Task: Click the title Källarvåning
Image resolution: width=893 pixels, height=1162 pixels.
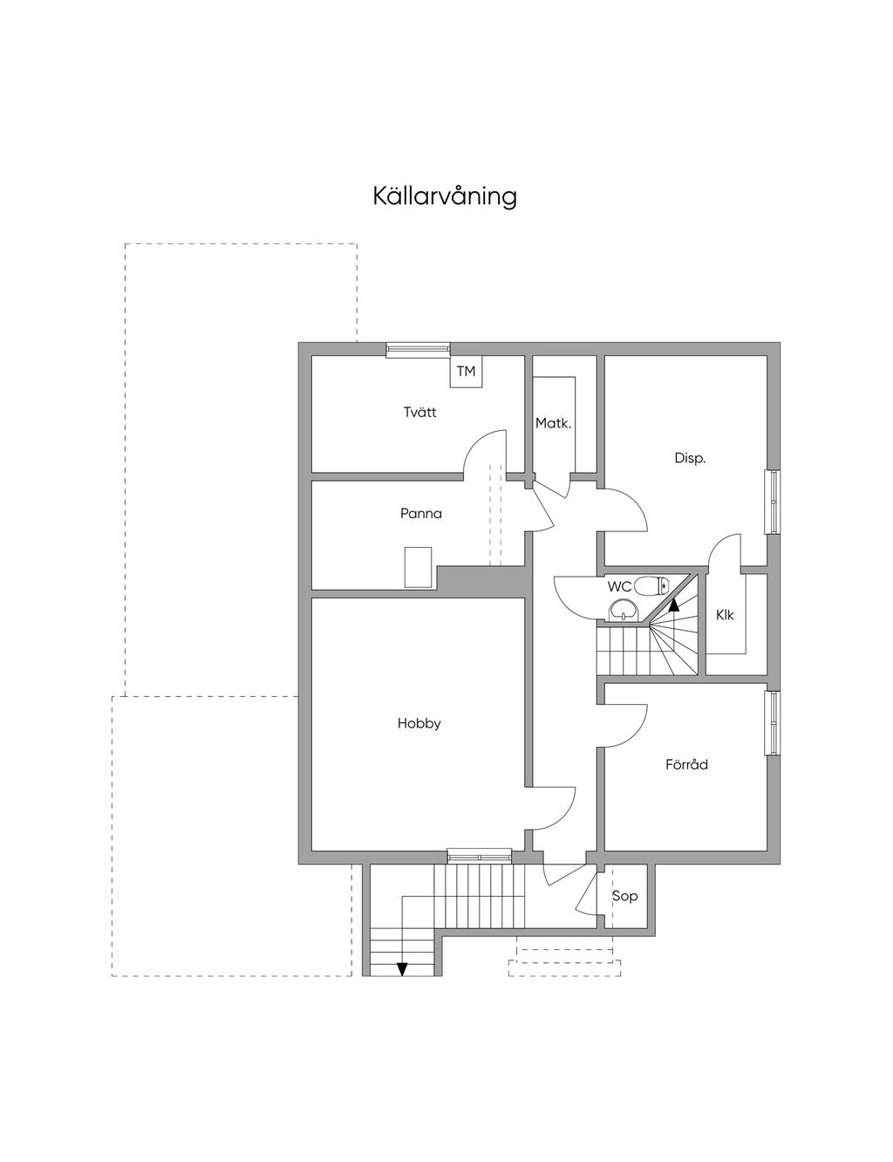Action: point(445,196)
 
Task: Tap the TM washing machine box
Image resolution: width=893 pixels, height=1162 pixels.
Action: point(467,372)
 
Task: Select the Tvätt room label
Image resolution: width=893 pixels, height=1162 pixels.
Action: point(420,412)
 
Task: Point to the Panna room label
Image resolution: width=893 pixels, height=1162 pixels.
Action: point(421,513)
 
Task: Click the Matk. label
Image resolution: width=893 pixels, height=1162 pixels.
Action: point(553,424)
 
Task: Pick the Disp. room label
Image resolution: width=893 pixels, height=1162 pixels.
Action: point(690,457)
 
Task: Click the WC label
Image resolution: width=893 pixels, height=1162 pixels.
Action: point(619,587)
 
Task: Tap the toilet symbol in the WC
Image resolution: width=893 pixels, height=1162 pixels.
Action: point(650,585)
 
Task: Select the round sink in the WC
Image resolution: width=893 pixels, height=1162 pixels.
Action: point(624,609)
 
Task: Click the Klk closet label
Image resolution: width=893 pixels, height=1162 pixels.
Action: point(725,615)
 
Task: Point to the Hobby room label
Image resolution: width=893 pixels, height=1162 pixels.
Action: point(419,723)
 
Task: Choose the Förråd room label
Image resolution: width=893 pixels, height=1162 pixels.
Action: point(686,764)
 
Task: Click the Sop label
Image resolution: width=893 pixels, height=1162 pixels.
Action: point(624,896)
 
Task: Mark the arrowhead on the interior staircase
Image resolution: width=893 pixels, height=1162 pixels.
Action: point(674,601)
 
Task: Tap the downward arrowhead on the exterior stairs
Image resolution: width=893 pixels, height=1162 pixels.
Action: point(402,967)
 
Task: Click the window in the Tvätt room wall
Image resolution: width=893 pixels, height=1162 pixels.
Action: point(419,349)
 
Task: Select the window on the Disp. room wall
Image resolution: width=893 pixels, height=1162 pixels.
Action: point(774,502)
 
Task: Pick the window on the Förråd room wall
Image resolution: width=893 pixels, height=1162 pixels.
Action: point(774,723)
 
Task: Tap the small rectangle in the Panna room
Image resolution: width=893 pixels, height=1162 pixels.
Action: point(418,566)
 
